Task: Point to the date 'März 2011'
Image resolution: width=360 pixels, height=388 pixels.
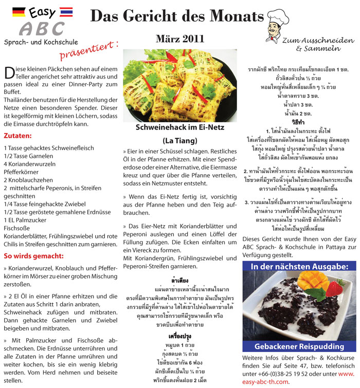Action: coord(179,39)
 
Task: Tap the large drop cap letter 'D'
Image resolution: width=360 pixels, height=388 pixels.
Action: coord(8,72)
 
